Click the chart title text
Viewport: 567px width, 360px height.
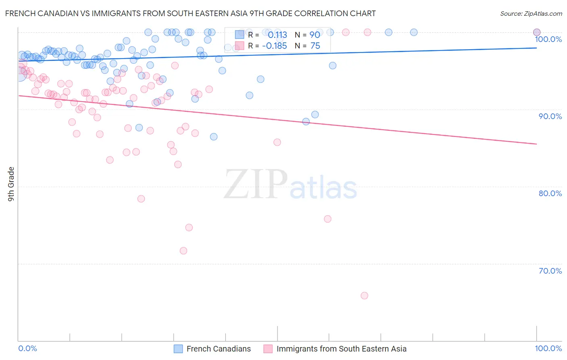[190, 13]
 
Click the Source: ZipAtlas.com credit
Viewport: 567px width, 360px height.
[531, 13]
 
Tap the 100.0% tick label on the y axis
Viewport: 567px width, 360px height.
[548, 39]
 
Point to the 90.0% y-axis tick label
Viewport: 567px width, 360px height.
[550, 116]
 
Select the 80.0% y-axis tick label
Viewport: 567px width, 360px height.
[550, 193]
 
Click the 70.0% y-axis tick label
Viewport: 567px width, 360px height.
[550, 271]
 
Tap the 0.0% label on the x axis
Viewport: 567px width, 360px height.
[27, 348]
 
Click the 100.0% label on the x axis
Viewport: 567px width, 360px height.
[548, 348]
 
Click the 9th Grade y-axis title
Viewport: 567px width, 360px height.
[11, 184]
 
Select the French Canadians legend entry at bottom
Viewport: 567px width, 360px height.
[219, 349]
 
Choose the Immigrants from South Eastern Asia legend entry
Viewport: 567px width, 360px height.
[341, 349]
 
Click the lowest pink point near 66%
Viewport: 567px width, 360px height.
[365, 295]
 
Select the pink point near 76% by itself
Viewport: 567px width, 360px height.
[327, 219]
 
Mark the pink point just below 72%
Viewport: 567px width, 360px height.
[183, 251]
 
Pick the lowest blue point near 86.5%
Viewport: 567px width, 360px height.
[214, 136]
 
